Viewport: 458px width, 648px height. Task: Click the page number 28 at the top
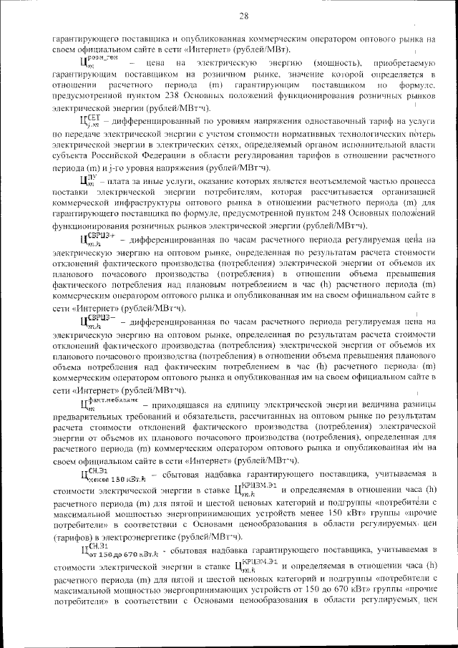(243, 16)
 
